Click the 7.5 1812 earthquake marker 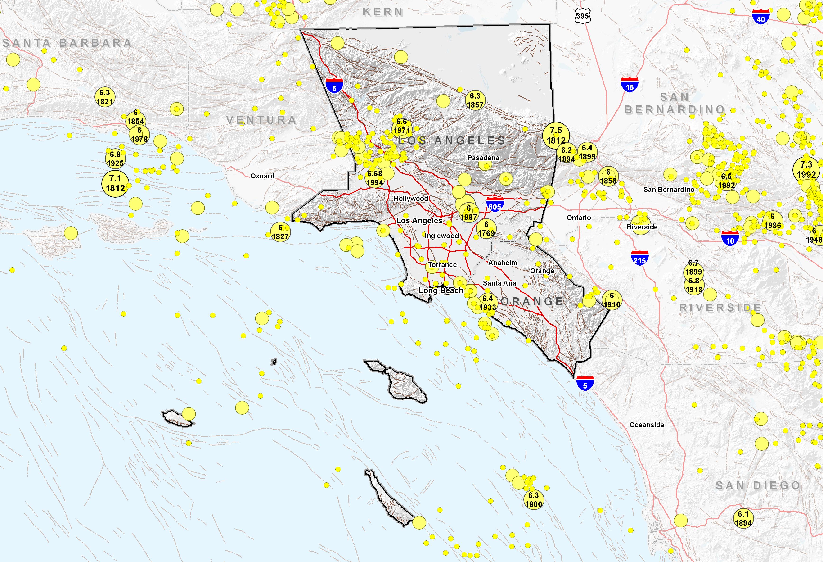[556, 135]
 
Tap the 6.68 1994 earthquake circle [375, 178]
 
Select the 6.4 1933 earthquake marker [488, 303]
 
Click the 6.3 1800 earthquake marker [533, 500]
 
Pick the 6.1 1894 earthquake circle [743, 518]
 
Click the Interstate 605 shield [495, 205]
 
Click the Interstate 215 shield [639, 259]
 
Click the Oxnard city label [262, 176]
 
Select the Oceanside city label [646, 425]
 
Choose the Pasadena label [483, 158]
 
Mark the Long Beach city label [441, 290]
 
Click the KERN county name [383, 12]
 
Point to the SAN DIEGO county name [758, 486]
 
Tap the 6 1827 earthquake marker [280, 232]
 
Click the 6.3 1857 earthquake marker [475, 100]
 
